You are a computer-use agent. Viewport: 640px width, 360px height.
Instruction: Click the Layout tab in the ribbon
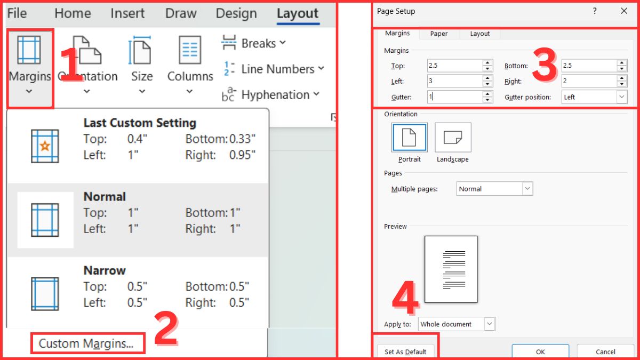[x=298, y=13]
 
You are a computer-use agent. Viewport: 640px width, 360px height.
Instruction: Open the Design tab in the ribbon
[x=236, y=13]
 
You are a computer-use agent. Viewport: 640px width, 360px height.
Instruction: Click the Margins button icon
[x=29, y=50]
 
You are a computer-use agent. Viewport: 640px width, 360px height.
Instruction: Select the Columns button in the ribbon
[x=190, y=65]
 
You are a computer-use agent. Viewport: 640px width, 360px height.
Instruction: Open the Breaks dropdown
[x=253, y=43]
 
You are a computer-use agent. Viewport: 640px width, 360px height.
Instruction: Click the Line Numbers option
[x=274, y=69]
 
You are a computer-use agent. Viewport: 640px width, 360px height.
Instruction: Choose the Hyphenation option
[x=270, y=94]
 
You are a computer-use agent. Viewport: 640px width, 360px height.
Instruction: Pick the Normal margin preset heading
[x=105, y=197]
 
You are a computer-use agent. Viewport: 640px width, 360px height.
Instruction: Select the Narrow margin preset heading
[x=105, y=270]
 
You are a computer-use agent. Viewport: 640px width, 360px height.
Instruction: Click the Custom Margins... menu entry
[x=86, y=343]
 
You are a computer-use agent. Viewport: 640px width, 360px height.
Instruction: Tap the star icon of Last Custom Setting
[x=45, y=146]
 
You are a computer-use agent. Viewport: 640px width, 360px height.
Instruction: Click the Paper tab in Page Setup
[x=439, y=34]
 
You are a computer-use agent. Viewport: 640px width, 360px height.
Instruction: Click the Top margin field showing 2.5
[x=455, y=66]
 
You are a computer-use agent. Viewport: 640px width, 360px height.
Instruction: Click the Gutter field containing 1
[x=455, y=97]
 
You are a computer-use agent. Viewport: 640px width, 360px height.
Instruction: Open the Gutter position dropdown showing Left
[x=594, y=97]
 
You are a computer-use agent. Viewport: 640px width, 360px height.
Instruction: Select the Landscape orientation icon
[x=453, y=138]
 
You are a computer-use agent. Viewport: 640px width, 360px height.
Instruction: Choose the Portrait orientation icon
[x=410, y=138]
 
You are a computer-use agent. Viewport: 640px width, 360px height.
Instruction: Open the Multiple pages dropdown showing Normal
[x=494, y=189]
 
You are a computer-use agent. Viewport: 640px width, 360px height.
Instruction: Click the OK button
[x=540, y=351]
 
